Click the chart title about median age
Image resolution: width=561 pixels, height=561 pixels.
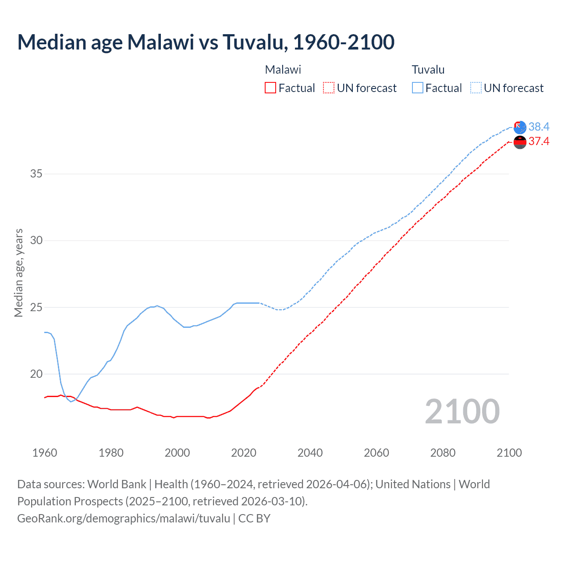coord(206,42)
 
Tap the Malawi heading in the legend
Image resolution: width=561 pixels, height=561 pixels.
coord(283,70)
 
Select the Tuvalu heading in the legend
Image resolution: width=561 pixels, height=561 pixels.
coord(428,70)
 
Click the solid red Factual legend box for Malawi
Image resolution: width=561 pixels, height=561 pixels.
coord(270,88)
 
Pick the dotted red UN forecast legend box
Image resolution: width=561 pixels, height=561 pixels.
coord(328,88)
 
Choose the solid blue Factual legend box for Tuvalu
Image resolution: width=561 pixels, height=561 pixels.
coord(418,88)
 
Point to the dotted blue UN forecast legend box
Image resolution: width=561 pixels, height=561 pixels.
coord(476,88)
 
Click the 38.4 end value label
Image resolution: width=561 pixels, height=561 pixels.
coord(539,127)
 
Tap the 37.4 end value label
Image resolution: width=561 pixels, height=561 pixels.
coord(539,142)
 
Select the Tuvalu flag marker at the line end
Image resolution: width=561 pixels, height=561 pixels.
coord(520,128)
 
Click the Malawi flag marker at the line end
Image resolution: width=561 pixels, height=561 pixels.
coord(520,142)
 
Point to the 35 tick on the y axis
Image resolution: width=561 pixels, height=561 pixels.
coord(36,174)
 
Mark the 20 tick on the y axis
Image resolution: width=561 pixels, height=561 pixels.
coord(36,374)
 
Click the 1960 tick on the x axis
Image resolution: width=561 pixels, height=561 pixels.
coord(45,453)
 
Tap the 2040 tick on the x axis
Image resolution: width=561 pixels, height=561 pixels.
coord(310,453)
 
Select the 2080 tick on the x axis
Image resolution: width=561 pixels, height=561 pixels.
coord(443,453)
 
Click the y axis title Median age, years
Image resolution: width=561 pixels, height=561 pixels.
coord(19,273)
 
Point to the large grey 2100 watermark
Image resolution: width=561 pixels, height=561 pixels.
coord(462,412)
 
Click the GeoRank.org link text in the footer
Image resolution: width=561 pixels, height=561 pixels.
coord(124,518)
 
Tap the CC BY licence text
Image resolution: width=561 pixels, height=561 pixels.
coord(254,518)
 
